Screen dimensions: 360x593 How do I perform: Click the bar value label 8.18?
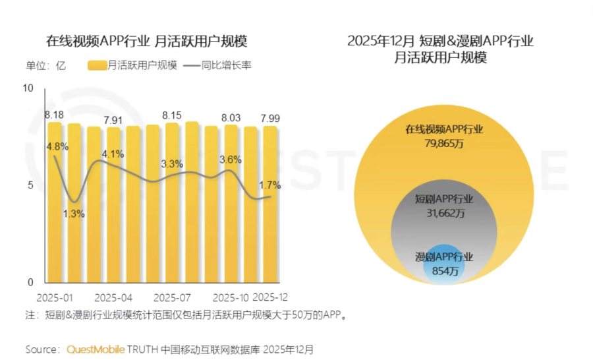(54, 116)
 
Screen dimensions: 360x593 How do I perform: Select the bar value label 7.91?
(113, 121)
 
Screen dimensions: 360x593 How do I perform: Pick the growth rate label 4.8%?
(57, 146)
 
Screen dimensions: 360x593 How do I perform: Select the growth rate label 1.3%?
(74, 213)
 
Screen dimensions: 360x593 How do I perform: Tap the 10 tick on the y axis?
(27, 88)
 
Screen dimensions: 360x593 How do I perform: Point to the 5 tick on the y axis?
(30, 185)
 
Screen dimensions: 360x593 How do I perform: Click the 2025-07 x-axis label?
(172, 297)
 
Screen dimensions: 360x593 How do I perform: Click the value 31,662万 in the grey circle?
(444, 212)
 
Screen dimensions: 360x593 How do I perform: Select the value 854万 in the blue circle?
(444, 270)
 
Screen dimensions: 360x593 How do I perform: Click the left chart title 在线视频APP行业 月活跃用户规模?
(146, 42)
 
